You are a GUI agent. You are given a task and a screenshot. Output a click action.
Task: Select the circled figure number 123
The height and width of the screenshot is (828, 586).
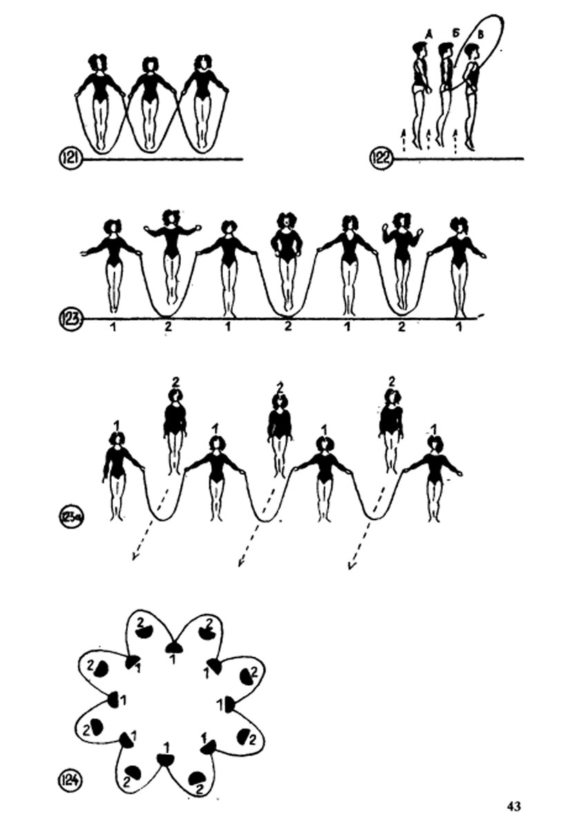tap(71, 319)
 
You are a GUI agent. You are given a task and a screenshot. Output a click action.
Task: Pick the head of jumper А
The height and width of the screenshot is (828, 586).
tap(418, 50)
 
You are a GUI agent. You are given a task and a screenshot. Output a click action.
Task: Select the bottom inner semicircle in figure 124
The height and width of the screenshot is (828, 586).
tap(165, 759)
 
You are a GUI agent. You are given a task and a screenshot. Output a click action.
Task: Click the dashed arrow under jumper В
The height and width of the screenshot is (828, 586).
tap(456, 141)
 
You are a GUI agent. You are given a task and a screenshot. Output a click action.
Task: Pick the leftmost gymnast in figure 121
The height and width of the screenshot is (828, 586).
tap(100, 103)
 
